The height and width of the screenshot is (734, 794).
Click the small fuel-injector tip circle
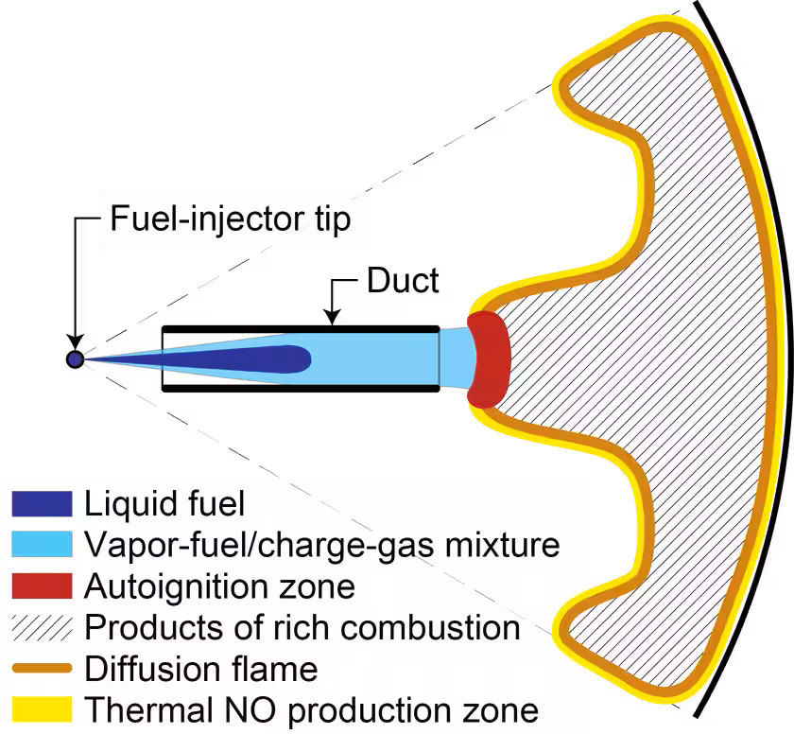75,359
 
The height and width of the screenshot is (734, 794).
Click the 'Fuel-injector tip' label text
231,218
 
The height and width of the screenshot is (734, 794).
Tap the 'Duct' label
403,280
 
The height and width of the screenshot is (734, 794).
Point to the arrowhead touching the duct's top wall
332,318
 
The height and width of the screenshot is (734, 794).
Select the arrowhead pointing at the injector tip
75,342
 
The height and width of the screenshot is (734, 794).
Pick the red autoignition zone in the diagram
489,359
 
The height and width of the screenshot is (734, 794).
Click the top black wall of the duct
301,329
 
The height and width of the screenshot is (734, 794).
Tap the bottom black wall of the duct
301,389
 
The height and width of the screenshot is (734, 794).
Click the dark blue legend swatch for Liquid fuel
42,503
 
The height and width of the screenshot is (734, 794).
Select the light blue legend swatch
42,544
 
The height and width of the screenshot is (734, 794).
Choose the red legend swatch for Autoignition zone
42,585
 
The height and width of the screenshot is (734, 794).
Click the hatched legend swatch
42,627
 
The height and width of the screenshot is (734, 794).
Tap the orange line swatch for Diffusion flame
42,669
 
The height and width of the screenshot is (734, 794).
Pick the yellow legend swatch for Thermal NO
42,709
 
